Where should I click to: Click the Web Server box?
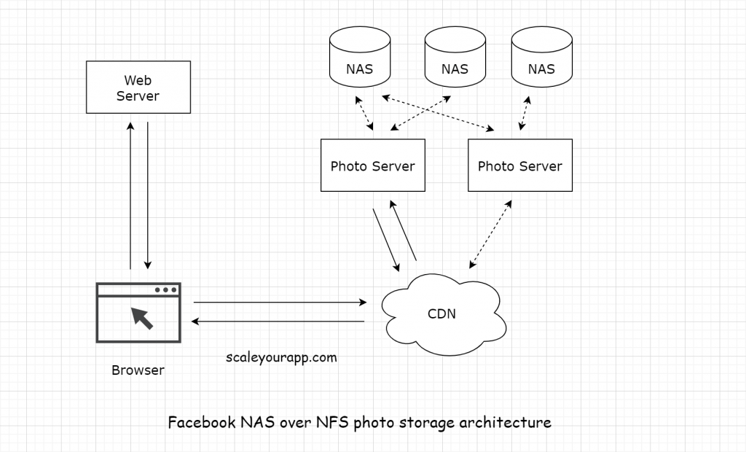pyautogui.click(x=138, y=87)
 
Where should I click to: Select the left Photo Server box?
pyautogui.click(x=372, y=165)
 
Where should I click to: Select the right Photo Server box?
pyautogui.click(x=519, y=165)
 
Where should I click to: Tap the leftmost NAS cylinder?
pyautogui.click(x=359, y=58)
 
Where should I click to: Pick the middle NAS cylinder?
pyautogui.click(x=455, y=58)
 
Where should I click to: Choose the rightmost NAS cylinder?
pyautogui.click(x=541, y=58)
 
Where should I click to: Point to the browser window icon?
pyautogui.click(x=138, y=313)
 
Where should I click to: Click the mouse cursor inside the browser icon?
pyautogui.click(x=141, y=318)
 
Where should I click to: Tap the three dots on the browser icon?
pyautogui.click(x=165, y=290)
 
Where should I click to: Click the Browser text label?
pyautogui.click(x=138, y=370)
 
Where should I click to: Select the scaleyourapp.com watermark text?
pyautogui.click(x=281, y=357)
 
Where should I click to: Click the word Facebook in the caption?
pyautogui.click(x=202, y=422)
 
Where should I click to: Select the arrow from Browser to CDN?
pyautogui.click(x=280, y=301)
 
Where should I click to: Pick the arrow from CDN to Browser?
pyautogui.click(x=278, y=322)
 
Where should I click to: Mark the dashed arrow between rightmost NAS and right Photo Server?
pyautogui.click(x=524, y=112)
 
